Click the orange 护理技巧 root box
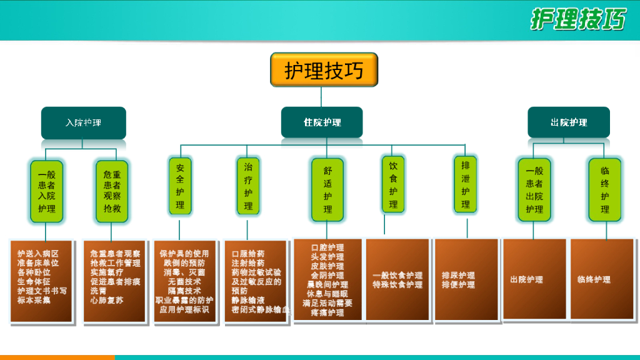tap(324, 70)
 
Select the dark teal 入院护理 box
tap(83, 122)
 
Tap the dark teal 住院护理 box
tap(322, 122)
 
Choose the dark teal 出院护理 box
tap(568, 122)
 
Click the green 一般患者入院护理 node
tap(46, 191)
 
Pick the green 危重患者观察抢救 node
tap(112, 191)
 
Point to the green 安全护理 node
tap(180, 186)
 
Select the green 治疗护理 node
tap(248, 186)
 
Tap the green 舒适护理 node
tap(327, 189)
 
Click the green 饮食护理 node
tap(393, 184)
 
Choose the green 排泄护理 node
tap(465, 184)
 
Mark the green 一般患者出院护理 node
tap(534, 189)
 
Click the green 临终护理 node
tap(605, 189)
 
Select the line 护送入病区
tap(38, 254)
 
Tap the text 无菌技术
tap(184, 282)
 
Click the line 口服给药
tap(247, 254)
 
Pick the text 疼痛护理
tap(327, 312)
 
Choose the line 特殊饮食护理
tap(397, 284)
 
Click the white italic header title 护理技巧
tap(577, 19)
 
